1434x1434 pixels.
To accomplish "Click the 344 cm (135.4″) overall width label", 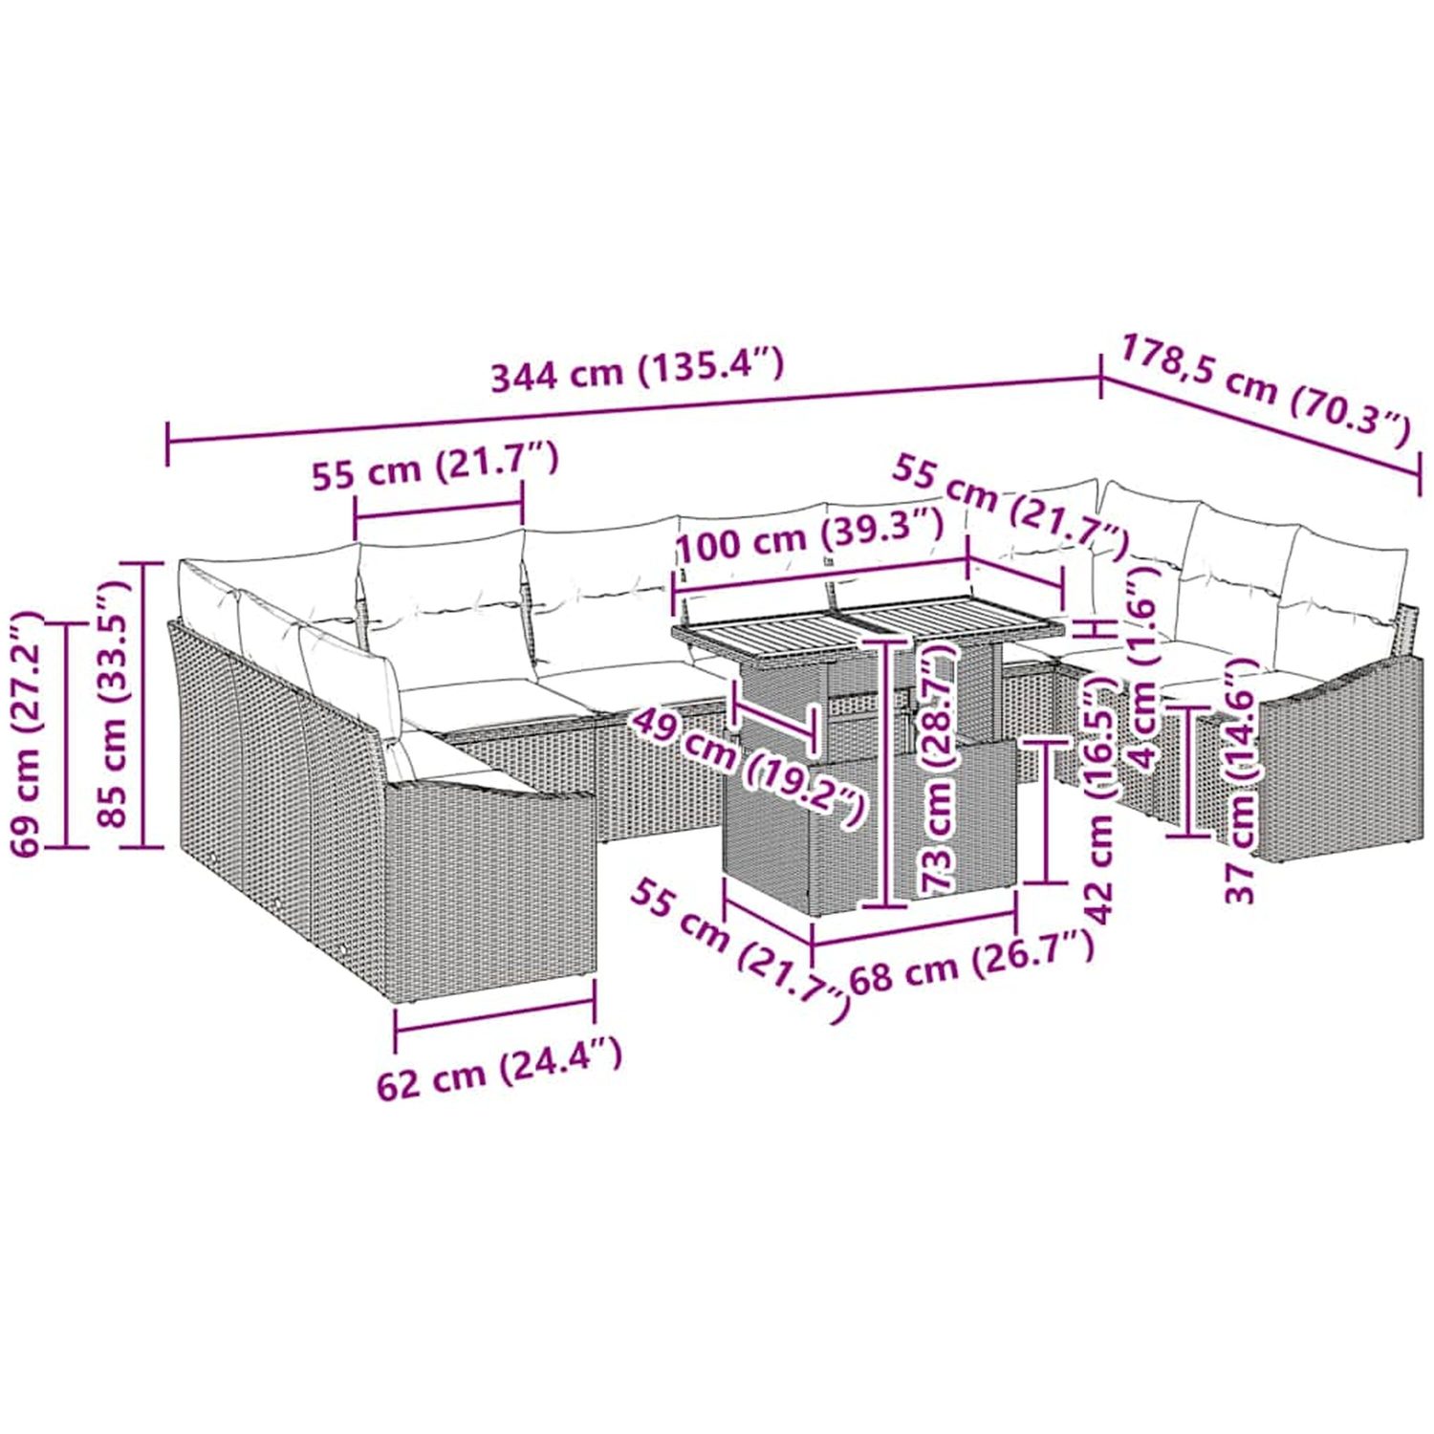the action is pyautogui.click(x=637, y=369).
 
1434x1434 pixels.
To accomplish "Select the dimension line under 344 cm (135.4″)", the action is pyautogui.click(x=635, y=408).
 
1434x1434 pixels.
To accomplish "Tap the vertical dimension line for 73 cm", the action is pyautogui.click(x=890, y=774).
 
